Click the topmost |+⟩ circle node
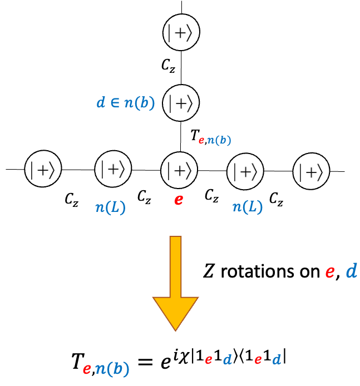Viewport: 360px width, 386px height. pos(179,34)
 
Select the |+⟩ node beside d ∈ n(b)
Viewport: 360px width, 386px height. pos(179,102)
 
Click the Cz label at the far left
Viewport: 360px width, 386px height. pos(71,199)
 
